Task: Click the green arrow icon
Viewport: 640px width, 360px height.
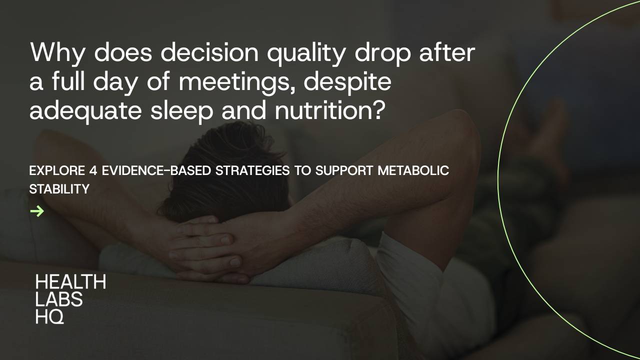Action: pyautogui.click(x=37, y=211)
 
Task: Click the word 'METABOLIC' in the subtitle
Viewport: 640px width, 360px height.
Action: pyautogui.click(x=413, y=171)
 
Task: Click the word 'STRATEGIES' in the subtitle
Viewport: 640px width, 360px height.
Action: pyautogui.click(x=252, y=171)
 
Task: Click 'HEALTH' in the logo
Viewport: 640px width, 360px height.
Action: pyautogui.click(x=70, y=282)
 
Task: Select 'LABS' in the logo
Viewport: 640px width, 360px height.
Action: pyautogui.click(x=59, y=299)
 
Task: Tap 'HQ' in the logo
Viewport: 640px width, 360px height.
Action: pyautogui.click(x=49, y=316)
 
